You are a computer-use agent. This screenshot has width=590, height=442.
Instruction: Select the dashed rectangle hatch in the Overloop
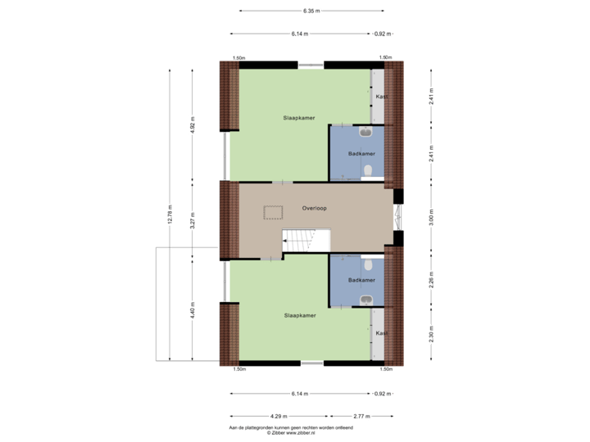tap(271, 213)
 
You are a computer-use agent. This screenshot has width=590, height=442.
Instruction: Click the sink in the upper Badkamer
tap(365, 133)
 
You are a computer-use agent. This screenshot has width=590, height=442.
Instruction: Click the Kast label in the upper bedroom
tap(379, 97)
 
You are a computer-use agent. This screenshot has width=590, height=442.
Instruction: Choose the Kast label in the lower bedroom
tap(379, 333)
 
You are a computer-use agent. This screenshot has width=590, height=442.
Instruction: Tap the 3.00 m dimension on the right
tap(432, 219)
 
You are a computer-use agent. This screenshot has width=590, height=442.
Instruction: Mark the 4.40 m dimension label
tap(192, 311)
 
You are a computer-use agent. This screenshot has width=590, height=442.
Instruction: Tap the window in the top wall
tap(310, 65)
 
